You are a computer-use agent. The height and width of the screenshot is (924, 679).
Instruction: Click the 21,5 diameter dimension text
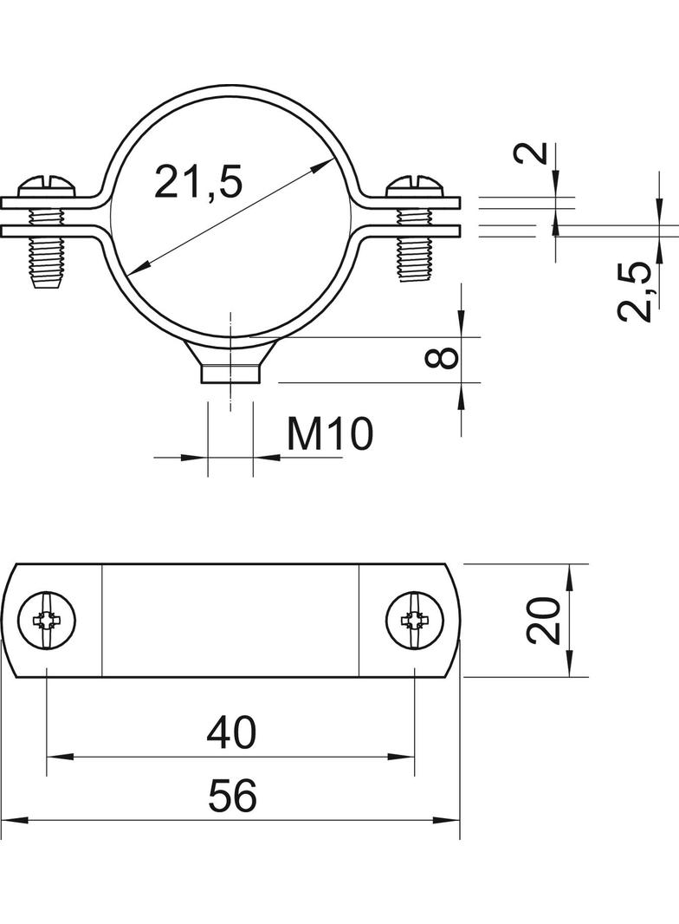[198, 183]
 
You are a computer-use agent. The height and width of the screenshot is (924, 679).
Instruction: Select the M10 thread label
[330, 433]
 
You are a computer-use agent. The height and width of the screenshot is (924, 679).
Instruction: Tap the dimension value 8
[443, 357]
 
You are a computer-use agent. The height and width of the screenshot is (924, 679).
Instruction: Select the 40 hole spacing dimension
[231, 733]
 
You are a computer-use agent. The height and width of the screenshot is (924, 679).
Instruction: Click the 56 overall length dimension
[232, 796]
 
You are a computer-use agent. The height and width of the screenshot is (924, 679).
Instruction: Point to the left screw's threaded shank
[47, 260]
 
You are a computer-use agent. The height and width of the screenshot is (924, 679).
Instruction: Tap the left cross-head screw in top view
[47, 620]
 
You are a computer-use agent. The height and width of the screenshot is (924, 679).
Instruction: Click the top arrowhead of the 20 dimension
[568, 572]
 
